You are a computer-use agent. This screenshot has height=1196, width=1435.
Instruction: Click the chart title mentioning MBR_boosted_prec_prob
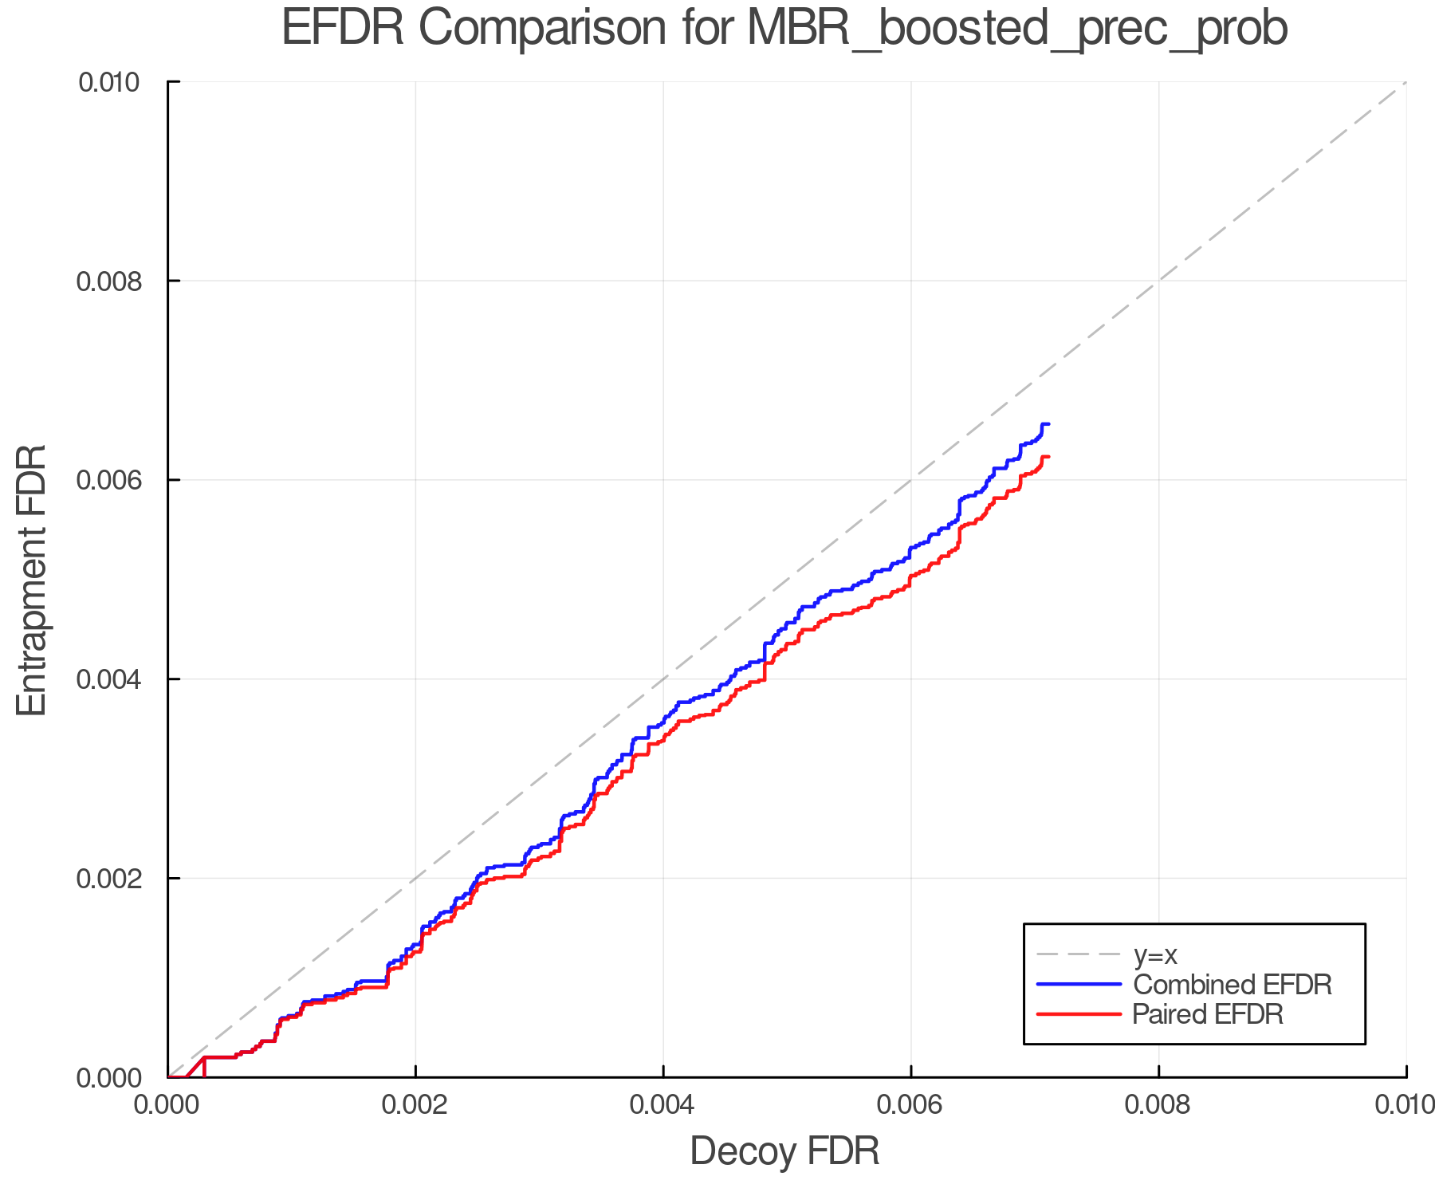[784, 29]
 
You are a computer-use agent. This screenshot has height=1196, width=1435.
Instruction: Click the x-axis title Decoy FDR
[784, 1151]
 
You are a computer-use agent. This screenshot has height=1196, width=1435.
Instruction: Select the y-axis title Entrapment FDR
[33, 580]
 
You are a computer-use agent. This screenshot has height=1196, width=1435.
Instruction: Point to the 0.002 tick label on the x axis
[415, 1105]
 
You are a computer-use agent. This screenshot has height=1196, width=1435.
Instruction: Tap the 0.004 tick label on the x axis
[663, 1105]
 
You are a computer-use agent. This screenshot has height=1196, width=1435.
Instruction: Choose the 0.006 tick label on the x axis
[911, 1105]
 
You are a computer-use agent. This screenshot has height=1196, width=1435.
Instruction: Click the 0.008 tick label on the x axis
[1158, 1105]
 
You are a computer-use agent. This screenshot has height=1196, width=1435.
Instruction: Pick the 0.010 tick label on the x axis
[1405, 1105]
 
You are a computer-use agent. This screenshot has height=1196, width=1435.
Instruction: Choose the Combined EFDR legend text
[1232, 985]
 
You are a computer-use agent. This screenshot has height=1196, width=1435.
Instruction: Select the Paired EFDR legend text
[1208, 1014]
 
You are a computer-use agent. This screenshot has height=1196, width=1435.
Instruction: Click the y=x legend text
[1155, 955]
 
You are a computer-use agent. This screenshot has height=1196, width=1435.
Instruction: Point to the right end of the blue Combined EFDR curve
[1048, 424]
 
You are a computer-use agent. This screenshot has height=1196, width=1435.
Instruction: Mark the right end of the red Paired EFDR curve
[1048, 457]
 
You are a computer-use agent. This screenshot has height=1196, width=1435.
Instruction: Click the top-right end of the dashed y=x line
[1406, 82]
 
